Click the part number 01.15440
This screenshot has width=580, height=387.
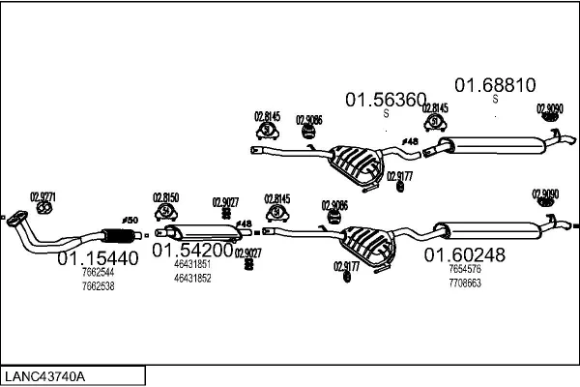pos(98,259)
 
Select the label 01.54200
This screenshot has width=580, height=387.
pos(192,250)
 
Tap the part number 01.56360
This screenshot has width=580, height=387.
pos(386,100)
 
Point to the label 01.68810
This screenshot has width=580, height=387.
pos(495,85)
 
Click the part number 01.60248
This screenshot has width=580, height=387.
pos(464,254)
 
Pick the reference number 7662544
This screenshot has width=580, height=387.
pos(97,274)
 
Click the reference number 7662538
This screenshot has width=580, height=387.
pos(97,286)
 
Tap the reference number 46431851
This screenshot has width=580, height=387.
pos(192,264)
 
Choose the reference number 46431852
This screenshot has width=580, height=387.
pos(192,278)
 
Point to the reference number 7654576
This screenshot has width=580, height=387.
pos(464,270)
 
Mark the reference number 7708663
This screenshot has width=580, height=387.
pos(464,283)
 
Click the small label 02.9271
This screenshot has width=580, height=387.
pos(43,196)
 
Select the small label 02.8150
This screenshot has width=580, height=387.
pos(165,197)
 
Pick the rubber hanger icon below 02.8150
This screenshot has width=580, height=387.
pos(165,211)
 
